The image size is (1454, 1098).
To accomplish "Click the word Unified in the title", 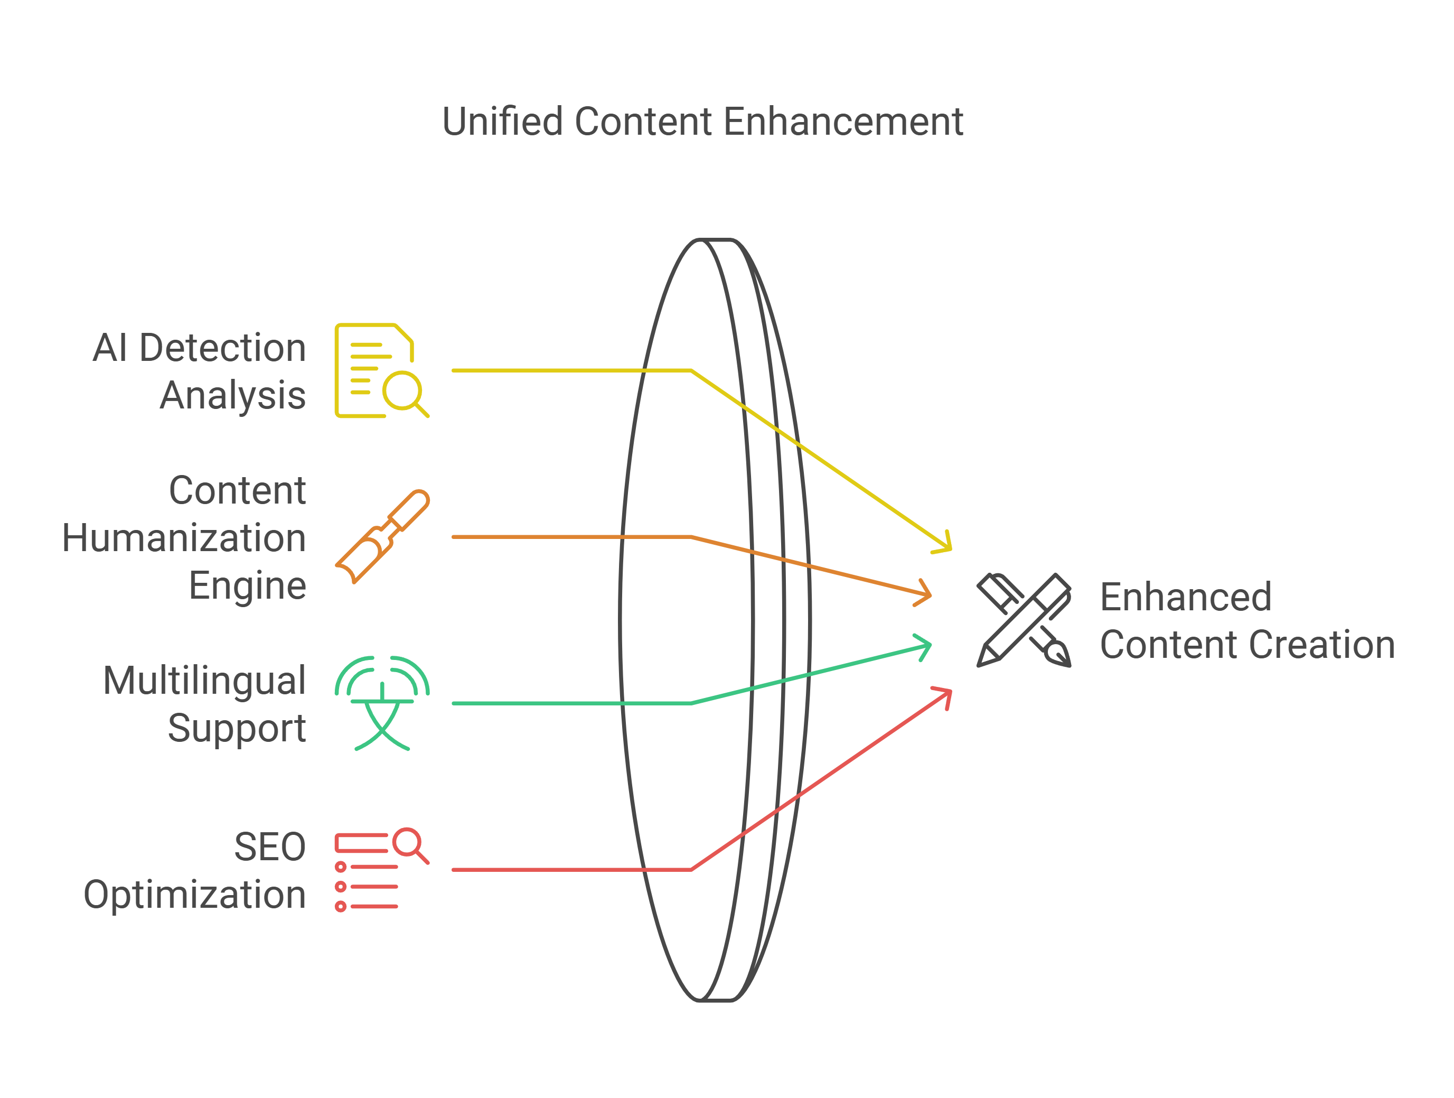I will pos(502,122).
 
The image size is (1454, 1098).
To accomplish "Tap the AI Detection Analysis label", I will pos(199,371).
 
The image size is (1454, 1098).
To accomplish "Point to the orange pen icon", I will pos(382,536).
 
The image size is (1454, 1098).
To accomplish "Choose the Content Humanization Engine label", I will pos(184,538).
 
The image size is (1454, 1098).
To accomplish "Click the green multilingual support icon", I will pos(382,703).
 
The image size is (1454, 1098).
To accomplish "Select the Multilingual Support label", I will pos(204,704).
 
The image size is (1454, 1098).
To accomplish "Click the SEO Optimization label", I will pos(194,870).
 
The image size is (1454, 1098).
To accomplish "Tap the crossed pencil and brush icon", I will pos(1024,620).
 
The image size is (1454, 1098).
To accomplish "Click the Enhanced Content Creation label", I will pos(1247,621).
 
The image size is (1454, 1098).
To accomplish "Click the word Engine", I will pos(247,586).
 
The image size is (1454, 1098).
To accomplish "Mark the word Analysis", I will pos(233,396).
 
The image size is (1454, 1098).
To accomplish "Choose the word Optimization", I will pos(194,895).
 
